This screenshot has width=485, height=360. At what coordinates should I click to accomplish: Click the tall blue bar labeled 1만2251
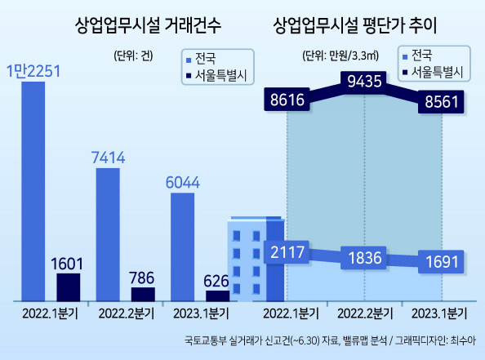coord(33,192)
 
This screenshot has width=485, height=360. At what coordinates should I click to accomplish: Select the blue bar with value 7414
coord(108,235)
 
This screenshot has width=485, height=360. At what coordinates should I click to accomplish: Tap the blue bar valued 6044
coord(183,247)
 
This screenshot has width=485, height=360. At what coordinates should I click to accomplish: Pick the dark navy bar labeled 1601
coord(69,287)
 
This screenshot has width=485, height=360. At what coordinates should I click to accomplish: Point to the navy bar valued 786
coord(143,295)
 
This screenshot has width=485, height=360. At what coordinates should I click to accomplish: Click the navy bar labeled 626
coord(218,296)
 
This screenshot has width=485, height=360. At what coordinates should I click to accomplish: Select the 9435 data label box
coord(364,82)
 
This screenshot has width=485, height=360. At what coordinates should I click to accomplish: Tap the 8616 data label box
coord(287,100)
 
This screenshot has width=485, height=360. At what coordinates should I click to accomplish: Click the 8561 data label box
coord(441,102)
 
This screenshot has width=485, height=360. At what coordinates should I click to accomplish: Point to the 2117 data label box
coord(287,252)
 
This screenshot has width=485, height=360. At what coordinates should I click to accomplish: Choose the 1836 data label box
coord(364,258)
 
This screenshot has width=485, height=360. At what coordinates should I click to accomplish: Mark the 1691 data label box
coord(441,262)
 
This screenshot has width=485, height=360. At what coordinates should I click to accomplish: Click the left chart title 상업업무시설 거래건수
coord(148,25)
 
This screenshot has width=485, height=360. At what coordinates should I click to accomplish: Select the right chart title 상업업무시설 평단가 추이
coord(355,25)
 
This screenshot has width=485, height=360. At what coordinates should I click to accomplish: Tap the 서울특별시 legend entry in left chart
coord(216,75)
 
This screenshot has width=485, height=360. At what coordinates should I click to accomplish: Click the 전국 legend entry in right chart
coord(417,56)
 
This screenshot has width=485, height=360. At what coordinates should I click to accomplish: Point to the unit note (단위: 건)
coord(133,56)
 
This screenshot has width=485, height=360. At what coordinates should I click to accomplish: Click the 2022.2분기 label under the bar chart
coord(127,314)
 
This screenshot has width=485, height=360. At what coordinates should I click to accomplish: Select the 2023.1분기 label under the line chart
coord(439,314)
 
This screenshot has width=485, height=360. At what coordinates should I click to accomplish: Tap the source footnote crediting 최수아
coord(330,341)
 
